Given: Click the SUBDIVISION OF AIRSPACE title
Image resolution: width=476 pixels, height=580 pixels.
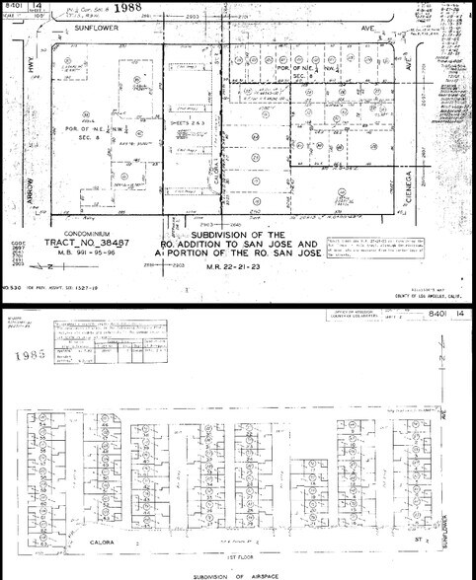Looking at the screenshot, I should [x=238, y=574].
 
